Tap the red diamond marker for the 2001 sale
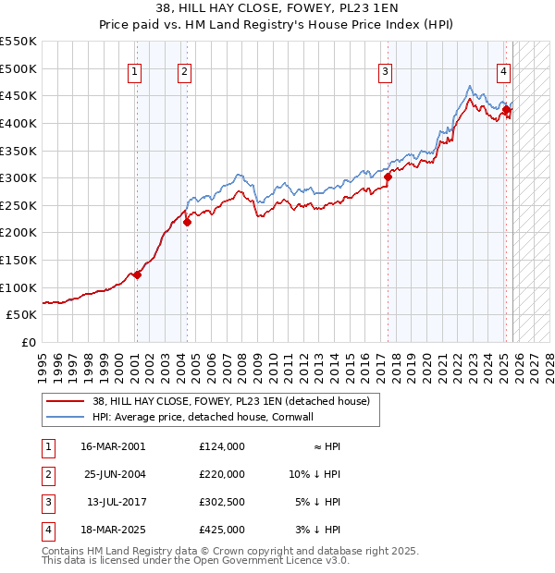[137, 274]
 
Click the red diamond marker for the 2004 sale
[187, 222]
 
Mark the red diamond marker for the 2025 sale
[506, 110]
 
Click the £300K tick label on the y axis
[18, 177]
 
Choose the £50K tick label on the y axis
[22, 314]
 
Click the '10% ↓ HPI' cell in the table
[314, 473]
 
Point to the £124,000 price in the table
[221, 445]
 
